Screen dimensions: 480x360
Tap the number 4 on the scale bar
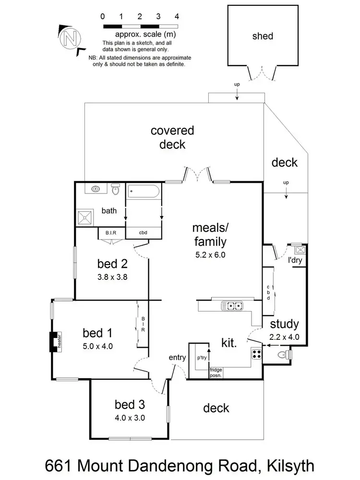(177, 16)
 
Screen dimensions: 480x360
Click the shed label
(262, 36)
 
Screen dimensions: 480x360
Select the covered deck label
(172, 137)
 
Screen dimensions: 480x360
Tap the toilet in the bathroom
(115, 190)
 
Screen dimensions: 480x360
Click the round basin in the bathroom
(96, 189)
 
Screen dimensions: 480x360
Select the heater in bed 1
(53, 342)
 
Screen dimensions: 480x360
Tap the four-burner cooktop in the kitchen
(256, 354)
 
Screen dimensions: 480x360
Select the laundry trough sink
(300, 250)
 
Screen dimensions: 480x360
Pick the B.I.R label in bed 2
(111, 233)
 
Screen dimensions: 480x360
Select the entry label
(177, 357)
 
